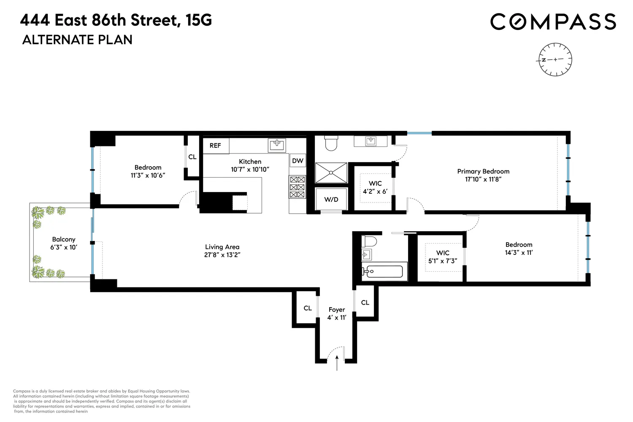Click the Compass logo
click(553, 22)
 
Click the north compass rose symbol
click(555, 60)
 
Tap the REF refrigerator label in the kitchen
click(215, 146)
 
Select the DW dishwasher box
click(298, 161)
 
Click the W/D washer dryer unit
click(331, 200)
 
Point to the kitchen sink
click(277, 145)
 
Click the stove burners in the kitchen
click(297, 187)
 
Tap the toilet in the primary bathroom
click(331, 143)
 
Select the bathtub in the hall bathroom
click(384, 271)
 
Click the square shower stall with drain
click(331, 173)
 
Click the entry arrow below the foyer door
click(337, 363)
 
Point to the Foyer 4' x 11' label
click(337, 314)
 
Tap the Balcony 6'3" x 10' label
click(64, 243)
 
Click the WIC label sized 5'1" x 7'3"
click(443, 257)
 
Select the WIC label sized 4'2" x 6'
click(375, 187)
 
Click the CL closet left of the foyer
click(308, 308)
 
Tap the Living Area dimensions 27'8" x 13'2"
click(222, 255)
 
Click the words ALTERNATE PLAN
click(77, 40)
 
